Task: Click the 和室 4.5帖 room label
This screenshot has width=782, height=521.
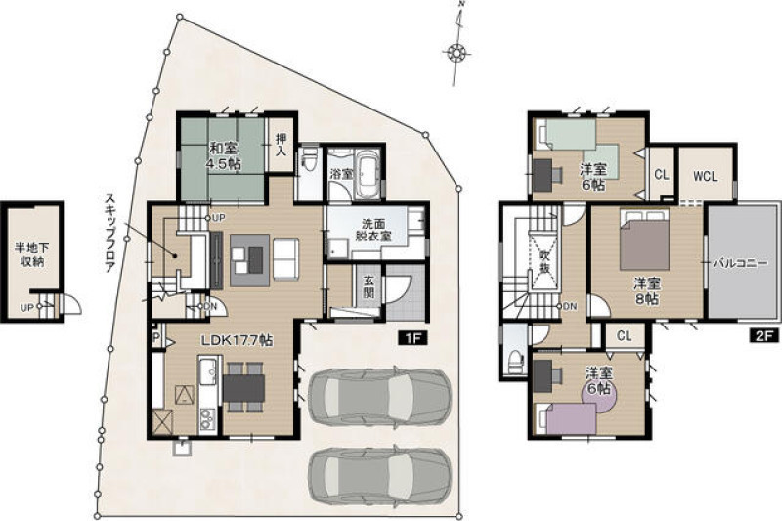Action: (223, 156)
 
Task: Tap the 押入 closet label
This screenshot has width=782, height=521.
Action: (282, 145)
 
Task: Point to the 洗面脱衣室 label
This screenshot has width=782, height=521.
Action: (373, 230)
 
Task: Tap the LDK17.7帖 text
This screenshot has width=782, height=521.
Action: (237, 341)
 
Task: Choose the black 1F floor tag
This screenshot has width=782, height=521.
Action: (413, 338)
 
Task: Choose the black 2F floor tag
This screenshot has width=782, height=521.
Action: (764, 335)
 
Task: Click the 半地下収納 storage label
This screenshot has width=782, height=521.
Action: (32, 254)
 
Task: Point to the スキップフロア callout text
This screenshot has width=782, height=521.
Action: (109, 232)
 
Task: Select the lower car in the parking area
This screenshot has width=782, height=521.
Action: (380, 475)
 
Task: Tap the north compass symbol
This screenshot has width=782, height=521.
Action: (456, 51)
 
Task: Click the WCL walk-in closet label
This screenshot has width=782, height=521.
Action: (706, 176)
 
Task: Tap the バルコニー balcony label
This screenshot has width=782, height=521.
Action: (740, 263)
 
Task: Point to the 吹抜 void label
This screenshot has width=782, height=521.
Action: (544, 261)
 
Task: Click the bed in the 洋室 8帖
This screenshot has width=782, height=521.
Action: (644, 239)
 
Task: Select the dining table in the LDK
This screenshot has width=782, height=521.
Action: (243, 387)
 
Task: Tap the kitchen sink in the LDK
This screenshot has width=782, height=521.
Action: (208, 371)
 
